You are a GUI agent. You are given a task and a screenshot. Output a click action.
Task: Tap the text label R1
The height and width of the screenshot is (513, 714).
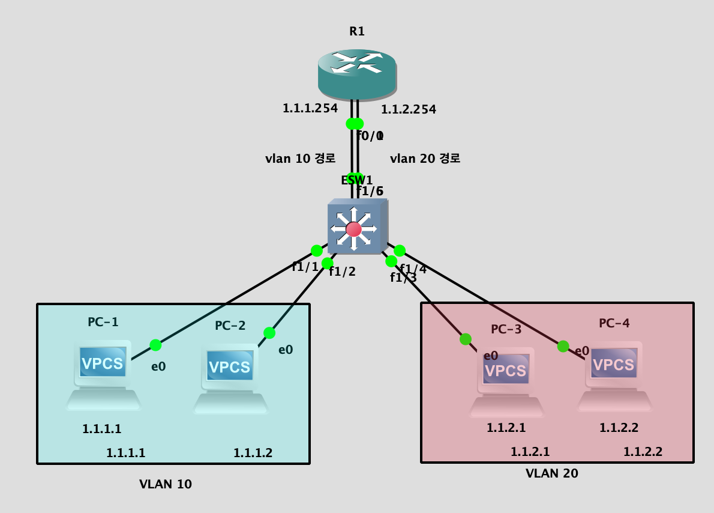pyautogui.click(x=357, y=31)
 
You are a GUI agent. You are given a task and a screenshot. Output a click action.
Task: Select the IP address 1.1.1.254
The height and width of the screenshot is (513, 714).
pyautogui.click(x=310, y=109)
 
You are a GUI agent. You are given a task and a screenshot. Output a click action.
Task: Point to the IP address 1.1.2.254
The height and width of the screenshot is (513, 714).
pyautogui.click(x=409, y=109)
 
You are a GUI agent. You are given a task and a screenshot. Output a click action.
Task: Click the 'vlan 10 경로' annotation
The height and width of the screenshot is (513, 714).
pyautogui.click(x=300, y=159)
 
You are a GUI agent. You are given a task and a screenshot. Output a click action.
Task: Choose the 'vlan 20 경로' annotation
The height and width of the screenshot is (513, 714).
pyautogui.click(x=425, y=159)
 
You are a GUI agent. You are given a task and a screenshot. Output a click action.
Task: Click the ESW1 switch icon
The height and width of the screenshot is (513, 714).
pyautogui.click(x=356, y=228)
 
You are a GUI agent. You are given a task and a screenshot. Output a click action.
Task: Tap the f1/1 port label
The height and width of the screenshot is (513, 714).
pyautogui.click(x=305, y=267)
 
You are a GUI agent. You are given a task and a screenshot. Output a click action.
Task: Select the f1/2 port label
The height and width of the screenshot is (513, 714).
pyautogui.click(x=342, y=272)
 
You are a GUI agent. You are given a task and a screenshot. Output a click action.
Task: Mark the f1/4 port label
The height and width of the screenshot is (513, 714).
pyautogui.click(x=413, y=269)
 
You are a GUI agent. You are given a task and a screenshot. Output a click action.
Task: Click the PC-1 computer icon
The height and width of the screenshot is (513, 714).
pyautogui.click(x=103, y=375)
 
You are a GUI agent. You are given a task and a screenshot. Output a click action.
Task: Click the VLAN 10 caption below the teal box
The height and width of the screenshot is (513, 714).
pyautogui.click(x=166, y=484)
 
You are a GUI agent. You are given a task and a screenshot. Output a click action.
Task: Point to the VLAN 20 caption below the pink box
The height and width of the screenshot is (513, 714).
pyautogui.click(x=551, y=473)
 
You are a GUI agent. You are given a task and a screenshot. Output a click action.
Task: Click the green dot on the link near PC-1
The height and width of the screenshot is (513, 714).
pyautogui.click(x=155, y=345)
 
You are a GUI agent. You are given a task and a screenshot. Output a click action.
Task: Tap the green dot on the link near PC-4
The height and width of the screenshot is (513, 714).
pyautogui.click(x=563, y=346)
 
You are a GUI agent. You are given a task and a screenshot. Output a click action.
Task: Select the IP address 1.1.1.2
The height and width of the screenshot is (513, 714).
pyautogui.click(x=253, y=453)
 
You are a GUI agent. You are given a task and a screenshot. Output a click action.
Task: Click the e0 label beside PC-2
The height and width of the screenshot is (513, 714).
pyautogui.click(x=286, y=350)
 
